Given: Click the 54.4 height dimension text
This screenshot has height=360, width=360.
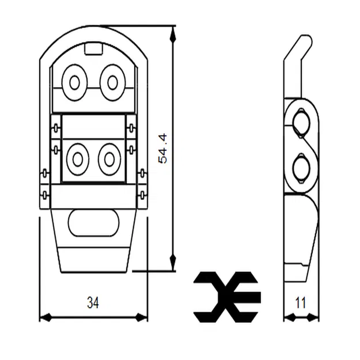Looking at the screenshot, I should point(163,148).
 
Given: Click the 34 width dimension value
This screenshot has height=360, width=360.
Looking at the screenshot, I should point(92,303).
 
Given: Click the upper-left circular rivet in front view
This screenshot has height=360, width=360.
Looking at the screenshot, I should point(74,82).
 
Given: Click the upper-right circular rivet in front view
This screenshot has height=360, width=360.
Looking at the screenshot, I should point(112,82).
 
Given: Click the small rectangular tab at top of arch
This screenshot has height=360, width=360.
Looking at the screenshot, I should point(93,49).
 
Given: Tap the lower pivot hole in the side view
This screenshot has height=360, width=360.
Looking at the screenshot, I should point(301,168).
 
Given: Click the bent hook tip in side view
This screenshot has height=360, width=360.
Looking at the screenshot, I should point(304,41).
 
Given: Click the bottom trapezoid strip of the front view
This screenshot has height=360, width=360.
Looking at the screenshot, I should point(94,259).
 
